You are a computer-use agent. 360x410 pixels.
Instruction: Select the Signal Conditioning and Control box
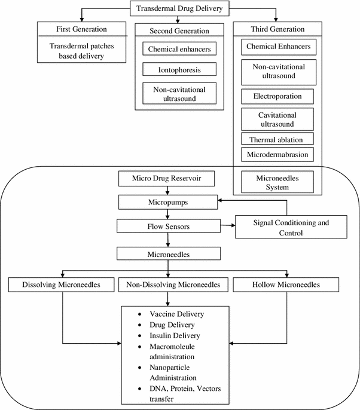tap(291, 228)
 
